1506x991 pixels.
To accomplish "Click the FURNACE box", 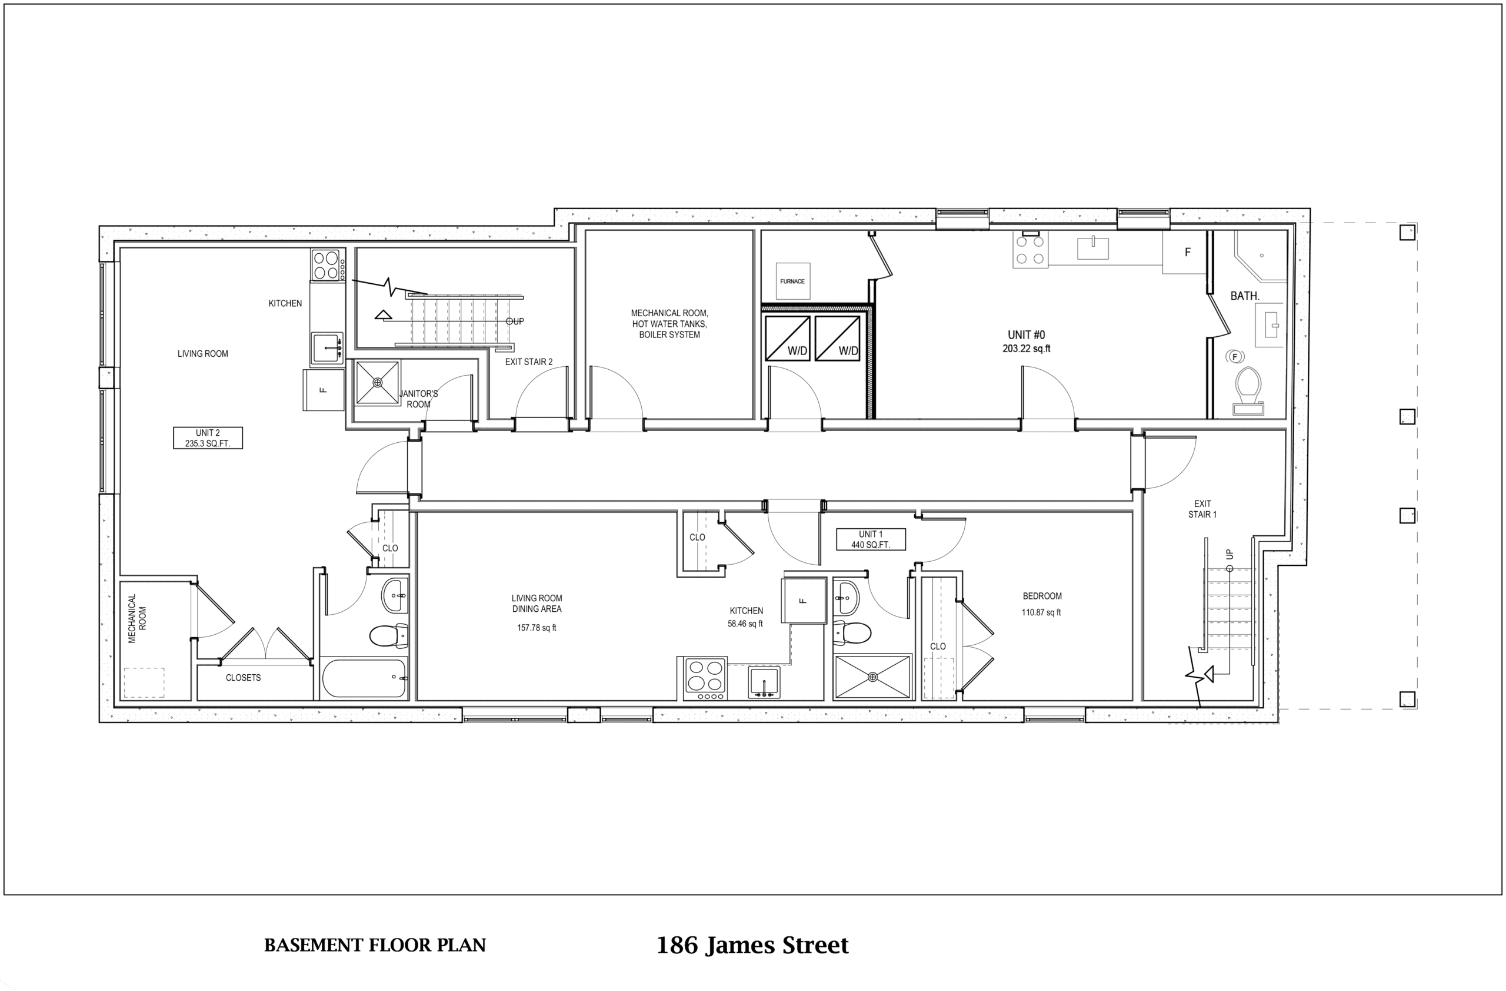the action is click(x=792, y=281).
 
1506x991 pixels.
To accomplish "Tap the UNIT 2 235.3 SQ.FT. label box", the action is click(x=208, y=438).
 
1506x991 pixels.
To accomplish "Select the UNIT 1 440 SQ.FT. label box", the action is click(x=871, y=539).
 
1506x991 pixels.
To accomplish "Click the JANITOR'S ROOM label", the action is click(x=418, y=399).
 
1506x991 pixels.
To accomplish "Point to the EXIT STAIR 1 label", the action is click(x=1202, y=509).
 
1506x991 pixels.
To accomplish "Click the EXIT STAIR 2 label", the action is click(x=528, y=362).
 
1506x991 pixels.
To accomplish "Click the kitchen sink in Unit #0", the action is click(x=1093, y=248).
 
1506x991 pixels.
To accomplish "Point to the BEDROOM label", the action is click(x=1042, y=596).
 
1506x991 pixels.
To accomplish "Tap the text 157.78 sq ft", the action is click(x=537, y=628).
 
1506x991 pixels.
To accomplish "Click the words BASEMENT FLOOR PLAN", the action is click(x=375, y=944).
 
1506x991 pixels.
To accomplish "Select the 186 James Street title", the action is click(x=752, y=944).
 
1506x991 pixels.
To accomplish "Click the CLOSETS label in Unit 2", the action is click(x=243, y=678).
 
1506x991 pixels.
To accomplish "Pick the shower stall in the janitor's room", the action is click(x=377, y=383).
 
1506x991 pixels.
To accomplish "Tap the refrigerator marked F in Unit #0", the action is click(x=1185, y=252).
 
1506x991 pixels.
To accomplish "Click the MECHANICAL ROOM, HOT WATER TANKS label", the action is click(x=669, y=319).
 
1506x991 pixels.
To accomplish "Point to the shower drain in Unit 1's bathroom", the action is click(x=872, y=677).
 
